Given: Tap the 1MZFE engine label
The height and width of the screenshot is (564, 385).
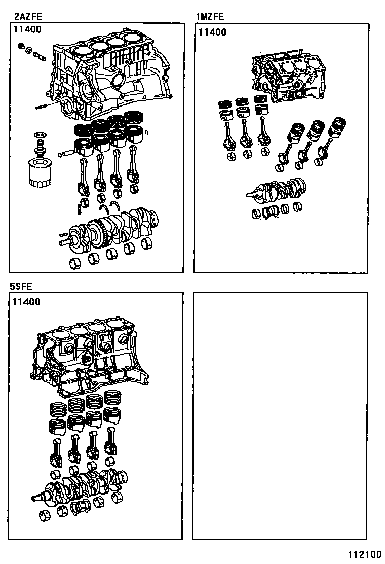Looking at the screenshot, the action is coord(210,17).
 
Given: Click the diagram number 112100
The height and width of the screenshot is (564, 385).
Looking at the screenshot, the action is coord(364,554).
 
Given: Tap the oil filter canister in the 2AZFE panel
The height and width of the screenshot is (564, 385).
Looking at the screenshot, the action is coord(36,172).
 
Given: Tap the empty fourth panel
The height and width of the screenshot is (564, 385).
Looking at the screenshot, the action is coord(279,416).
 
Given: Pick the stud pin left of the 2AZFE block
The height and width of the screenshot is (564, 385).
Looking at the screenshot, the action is coord(44,106).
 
